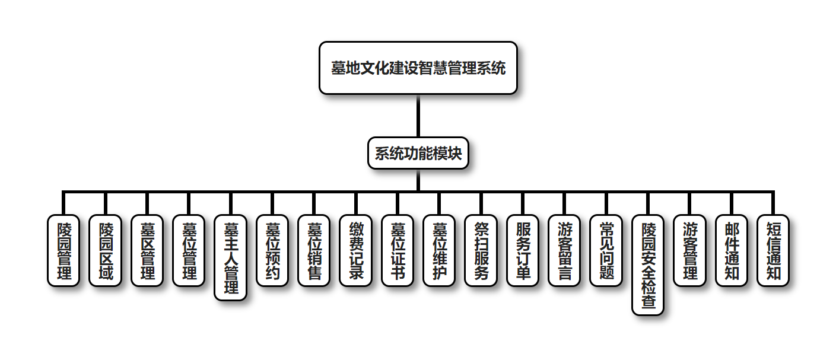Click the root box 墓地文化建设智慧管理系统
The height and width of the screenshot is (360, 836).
pos(418,68)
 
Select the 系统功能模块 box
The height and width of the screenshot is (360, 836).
pos(418,153)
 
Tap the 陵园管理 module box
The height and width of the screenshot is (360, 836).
pos(63,250)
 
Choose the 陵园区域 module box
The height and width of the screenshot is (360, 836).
pos(105,250)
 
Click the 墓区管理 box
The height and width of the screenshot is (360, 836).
pos(147,250)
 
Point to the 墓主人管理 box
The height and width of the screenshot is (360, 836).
pos(230,257)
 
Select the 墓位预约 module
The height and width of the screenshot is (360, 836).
pos(272,250)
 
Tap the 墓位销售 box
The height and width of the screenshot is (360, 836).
pos(314,250)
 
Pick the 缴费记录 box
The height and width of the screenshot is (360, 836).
pos(356,250)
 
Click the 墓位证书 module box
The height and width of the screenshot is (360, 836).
pos(398,250)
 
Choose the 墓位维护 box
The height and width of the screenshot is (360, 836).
pos(440,250)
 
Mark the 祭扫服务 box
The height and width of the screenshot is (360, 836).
pos(481,250)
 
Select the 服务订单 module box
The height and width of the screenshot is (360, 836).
pos(523,250)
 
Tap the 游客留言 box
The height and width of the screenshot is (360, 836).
pos(565,250)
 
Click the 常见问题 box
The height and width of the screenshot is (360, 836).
pos(606,250)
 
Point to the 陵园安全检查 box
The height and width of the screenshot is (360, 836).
pos(648,265)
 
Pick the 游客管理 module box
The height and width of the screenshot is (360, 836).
pos(690,250)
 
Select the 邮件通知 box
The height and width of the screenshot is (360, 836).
pos(732,250)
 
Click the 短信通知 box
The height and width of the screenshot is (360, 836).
pos(774,250)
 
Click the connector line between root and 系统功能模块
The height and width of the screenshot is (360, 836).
pos(418,116)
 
